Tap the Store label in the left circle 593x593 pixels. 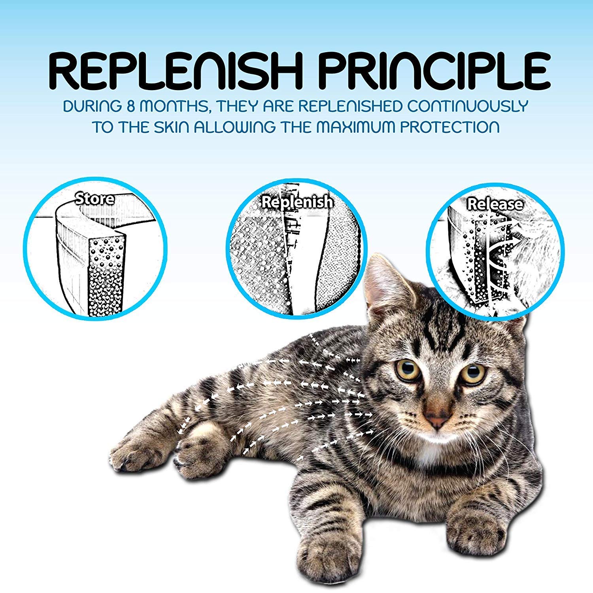tap(95, 198)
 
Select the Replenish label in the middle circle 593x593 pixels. tap(297, 202)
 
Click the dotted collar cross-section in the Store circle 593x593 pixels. tap(105, 277)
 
